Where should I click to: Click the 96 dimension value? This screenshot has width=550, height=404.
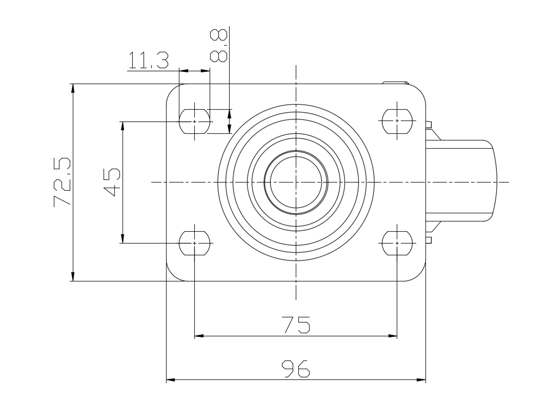(296, 368)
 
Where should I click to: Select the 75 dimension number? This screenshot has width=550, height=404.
(296, 325)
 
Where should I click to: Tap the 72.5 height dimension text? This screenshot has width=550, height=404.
(63, 183)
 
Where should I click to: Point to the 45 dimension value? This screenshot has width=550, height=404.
(112, 183)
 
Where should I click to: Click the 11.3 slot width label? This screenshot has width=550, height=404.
(148, 60)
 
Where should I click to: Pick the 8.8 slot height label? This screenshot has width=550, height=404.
(219, 46)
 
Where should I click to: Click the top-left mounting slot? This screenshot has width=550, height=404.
(195, 122)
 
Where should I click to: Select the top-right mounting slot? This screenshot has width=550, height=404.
(397, 122)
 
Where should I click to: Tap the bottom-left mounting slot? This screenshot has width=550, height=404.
(195, 243)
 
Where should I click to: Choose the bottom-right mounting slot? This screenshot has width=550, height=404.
(397, 243)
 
